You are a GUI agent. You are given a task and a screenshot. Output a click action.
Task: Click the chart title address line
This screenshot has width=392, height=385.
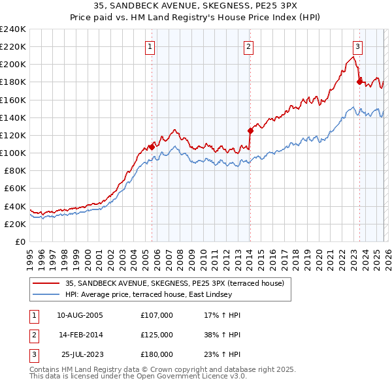pos(195,6)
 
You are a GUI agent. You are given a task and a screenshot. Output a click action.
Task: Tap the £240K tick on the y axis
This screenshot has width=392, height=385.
pos(13,29)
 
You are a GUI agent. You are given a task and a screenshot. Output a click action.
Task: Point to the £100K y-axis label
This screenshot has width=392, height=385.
pos(13,153)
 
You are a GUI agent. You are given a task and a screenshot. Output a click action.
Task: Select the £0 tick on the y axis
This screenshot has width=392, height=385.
pos(20,241)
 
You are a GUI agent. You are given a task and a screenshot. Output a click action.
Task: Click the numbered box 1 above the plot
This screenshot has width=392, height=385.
pos(151,46)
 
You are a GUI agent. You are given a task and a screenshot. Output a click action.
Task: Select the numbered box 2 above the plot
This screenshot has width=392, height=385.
pos(250,46)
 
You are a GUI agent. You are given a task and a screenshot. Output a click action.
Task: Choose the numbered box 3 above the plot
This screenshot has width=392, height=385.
pos(358,46)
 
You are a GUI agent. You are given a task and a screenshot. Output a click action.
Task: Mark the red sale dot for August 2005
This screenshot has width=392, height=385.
pos(152,147)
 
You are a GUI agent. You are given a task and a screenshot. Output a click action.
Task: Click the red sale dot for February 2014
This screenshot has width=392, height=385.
pos(250,131)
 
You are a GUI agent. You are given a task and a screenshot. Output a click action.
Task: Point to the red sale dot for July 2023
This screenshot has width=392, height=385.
pos(359,82)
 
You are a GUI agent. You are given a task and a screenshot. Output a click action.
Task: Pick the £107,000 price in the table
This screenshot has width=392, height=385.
pos(156,315)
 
